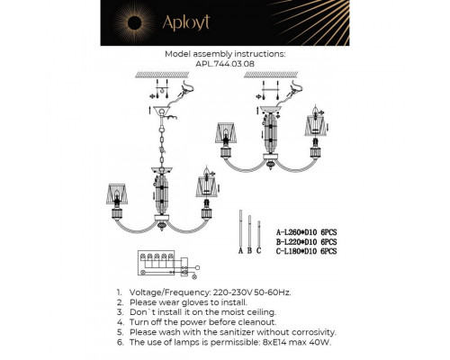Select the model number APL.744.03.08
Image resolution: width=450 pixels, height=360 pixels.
click(224, 65)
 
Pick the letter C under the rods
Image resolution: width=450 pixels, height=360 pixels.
click(259, 252)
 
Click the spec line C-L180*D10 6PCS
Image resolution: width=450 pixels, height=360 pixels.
click(306, 252)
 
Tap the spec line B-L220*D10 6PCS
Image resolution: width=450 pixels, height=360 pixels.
click(306, 243)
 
